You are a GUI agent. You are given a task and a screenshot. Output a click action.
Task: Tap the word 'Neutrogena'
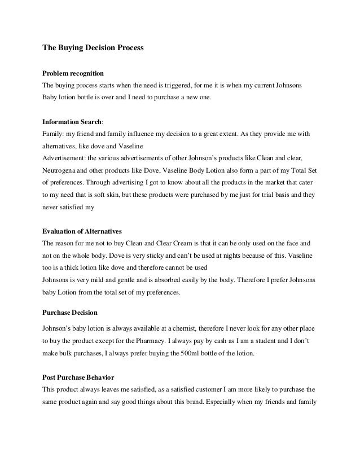(61, 170)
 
